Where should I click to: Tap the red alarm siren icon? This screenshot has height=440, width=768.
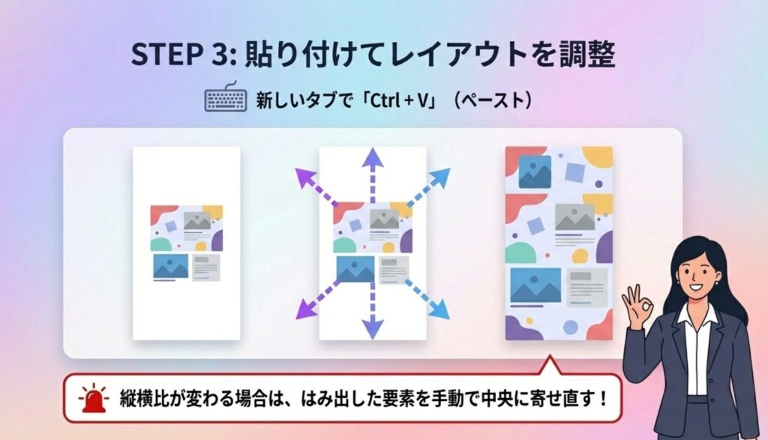(94, 398)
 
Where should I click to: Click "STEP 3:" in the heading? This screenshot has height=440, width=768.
(184, 54)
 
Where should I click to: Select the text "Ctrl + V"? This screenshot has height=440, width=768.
(400, 100)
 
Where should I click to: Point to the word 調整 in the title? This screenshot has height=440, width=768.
(586, 54)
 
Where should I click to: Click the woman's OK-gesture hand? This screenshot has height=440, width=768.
(637, 306)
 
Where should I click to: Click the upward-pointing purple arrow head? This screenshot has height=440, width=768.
(373, 158)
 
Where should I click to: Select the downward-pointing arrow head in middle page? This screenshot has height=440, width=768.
(373, 328)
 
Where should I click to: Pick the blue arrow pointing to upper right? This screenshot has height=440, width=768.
(428, 187)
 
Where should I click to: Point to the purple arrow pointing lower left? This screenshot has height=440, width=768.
(318, 300)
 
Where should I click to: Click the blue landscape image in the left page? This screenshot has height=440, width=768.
(171, 266)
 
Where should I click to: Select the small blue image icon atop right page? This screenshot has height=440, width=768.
(535, 172)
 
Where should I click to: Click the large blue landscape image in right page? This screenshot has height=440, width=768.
(535, 286)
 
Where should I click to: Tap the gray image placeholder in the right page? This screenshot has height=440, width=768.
(574, 217)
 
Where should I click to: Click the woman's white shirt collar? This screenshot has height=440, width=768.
(697, 314)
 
